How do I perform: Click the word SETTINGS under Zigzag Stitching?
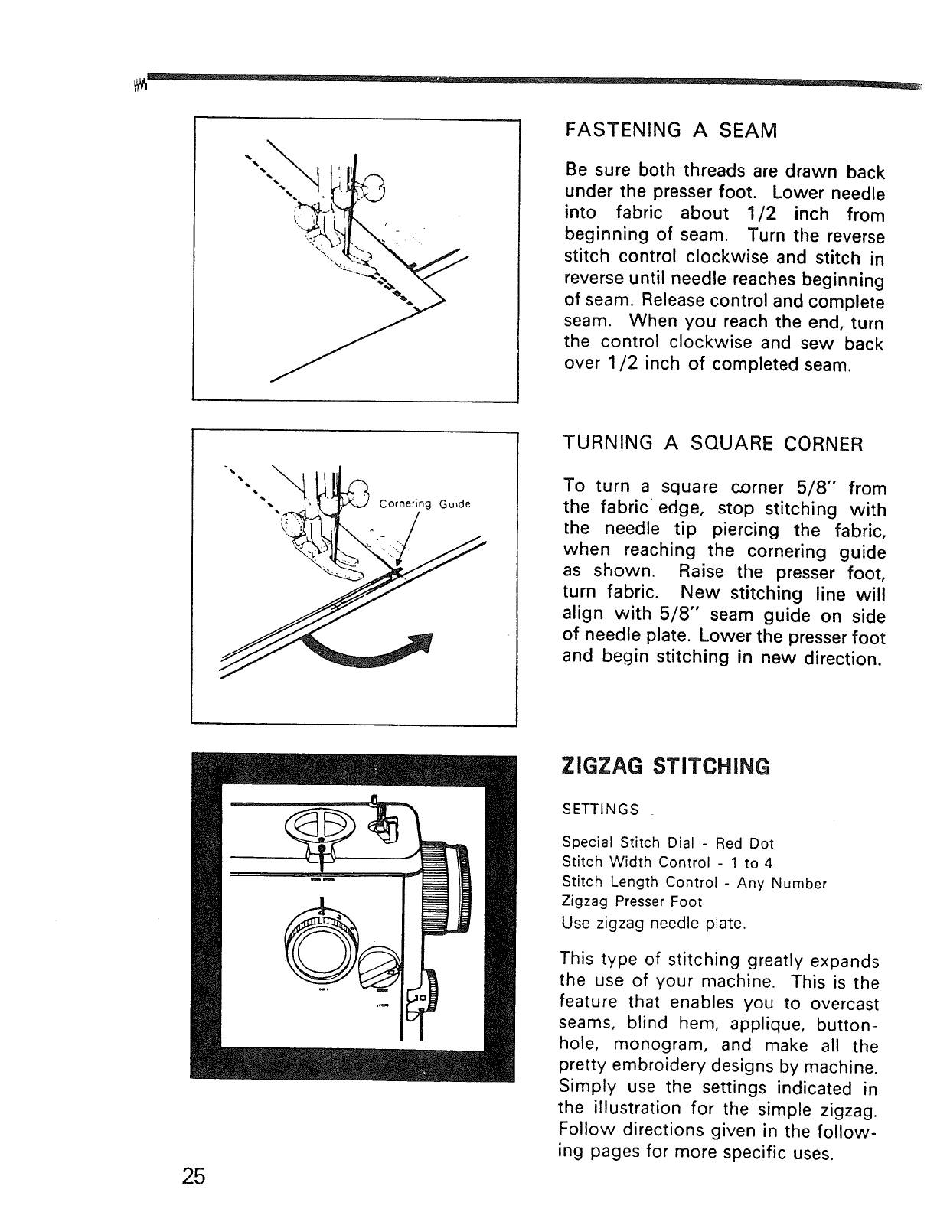(601, 809)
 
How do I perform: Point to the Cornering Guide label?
(427, 504)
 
